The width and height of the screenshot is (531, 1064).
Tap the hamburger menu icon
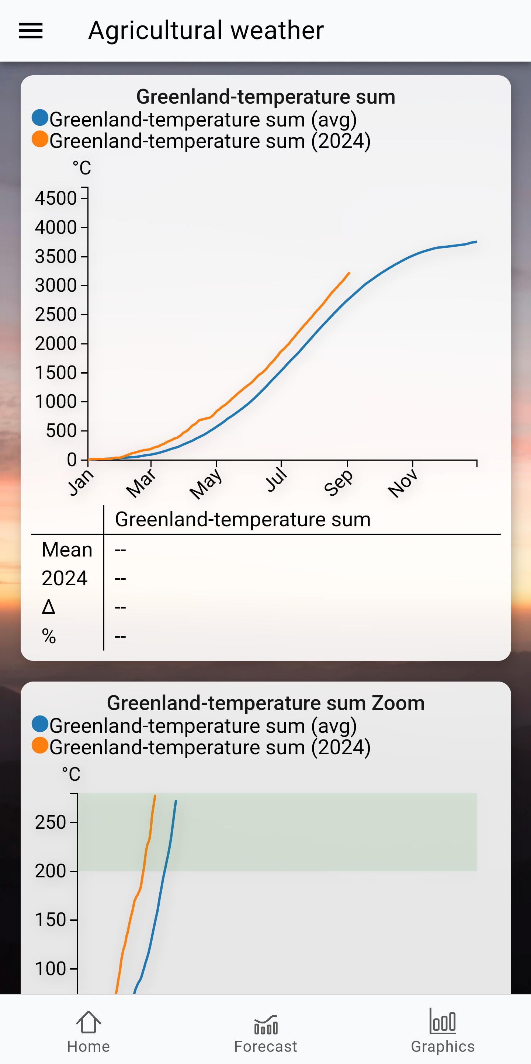click(x=31, y=31)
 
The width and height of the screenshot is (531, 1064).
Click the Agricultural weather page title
click(x=206, y=31)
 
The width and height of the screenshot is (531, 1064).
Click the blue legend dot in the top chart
click(x=40, y=118)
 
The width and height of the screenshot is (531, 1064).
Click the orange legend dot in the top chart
click(x=40, y=139)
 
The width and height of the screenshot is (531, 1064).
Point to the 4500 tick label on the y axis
click(x=56, y=198)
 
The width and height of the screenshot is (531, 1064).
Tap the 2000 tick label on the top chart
click(x=56, y=344)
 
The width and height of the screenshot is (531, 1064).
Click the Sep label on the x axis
click(x=339, y=483)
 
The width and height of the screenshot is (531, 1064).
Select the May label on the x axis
click(x=206, y=484)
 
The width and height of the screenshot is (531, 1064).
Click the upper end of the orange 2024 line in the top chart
click(x=350, y=273)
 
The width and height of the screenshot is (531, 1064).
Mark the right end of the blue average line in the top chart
click(x=476, y=242)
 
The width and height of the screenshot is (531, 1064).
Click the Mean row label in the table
click(x=67, y=550)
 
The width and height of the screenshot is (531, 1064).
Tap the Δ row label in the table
click(x=48, y=607)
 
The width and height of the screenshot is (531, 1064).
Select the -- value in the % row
click(x=120, y=636)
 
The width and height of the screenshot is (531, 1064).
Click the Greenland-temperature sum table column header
click(x=243, y=519)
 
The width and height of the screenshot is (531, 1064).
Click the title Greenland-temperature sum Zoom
click(x=266, y=703)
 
